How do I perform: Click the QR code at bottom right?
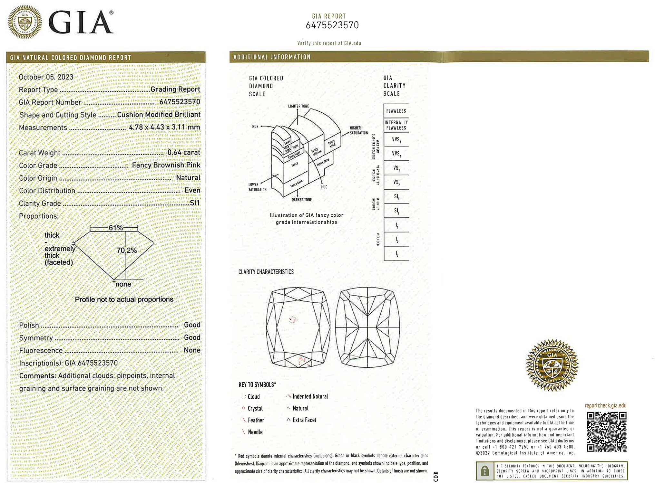pyautogui.click(x=606, y=431)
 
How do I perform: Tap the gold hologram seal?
pyautogui.click(x=552, y=365)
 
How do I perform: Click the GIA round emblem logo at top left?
pyautogui.click(x=25, y=22)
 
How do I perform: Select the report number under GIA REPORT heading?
pyautogui.click(x=332, y=25)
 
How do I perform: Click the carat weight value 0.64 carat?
pyautogui.click(x=184, y=152)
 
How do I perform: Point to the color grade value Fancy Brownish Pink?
pyautogui.click(x=166, y=165)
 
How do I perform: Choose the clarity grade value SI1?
pyautogui.click(x=195, y=203)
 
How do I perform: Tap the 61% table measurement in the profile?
pyautogui.click(x=115, y=228)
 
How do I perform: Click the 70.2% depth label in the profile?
pyautogui.click(x=126, y=250)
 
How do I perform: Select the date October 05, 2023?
pyautogui.click(x=46, y=77)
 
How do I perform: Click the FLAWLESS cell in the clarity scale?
pyautogui.click(x=396, y=111)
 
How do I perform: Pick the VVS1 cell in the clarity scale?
pyautogui.click(x=396, y=140)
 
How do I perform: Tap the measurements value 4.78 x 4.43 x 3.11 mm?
pyautogui.click(x=164, y=127)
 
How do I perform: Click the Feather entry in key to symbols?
pyautogui.click(x=256, y=420)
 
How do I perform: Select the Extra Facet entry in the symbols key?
pyautogui.click(x=304, y=420)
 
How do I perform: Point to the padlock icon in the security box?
pyautogui.click(x=484, y=471)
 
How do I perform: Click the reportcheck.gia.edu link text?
pyautogui.click(x=606, y=405)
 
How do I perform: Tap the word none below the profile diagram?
pyautogui.click(x=123, y=284)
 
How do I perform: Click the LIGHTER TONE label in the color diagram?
pyautogui.click(x=298, y=106)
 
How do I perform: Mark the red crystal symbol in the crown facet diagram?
pyautogui.click(x=293, y=319)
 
